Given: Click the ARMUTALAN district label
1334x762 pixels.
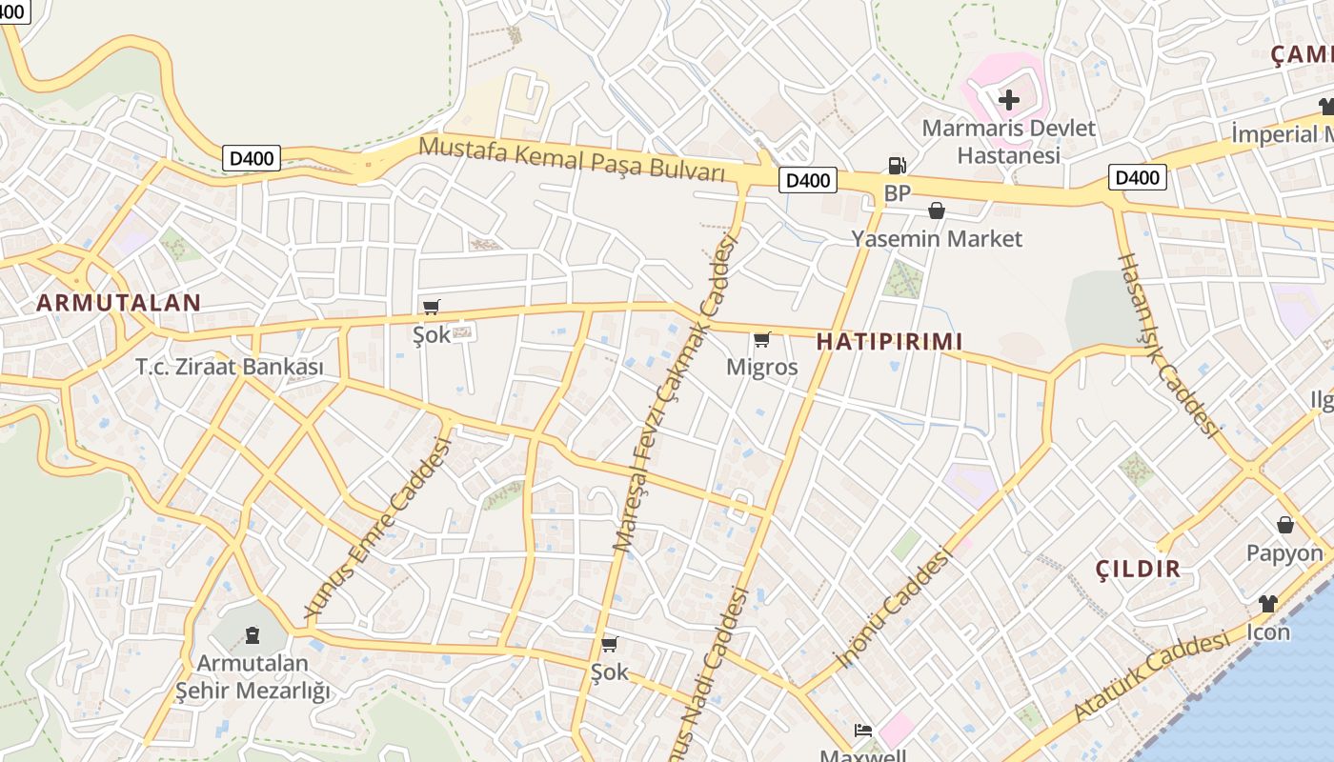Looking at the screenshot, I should [x=119, y=303].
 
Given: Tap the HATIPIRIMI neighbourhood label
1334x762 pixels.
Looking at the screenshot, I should [x=889, y=341].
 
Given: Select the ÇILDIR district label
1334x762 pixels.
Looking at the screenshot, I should [x=1138, y=570].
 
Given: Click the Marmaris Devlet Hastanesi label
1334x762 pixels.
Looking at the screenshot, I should [x=1009, y=141].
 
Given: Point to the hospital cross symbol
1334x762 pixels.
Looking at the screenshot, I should [x=1008, y=99].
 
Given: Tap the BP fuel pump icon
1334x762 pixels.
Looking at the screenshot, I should [x=897, y=166].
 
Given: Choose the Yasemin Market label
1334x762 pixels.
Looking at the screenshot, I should [x=937, y=238].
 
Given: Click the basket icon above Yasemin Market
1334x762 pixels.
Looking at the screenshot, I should [x=937, y=211].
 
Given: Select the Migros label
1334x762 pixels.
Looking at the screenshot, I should [x=762, y=367].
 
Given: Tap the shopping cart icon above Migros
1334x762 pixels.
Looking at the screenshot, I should [x=762, y=339].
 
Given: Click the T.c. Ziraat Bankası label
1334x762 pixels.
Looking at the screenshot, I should [x=230, y=367].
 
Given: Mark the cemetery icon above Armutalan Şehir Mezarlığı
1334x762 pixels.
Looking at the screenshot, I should [x=253, y=633].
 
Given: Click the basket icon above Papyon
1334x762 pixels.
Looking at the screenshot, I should [x=1285, y=525].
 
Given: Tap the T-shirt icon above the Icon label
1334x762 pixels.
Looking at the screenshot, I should [x=1268, y=603].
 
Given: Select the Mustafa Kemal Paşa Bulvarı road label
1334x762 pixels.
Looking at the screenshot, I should [x=572, y=158].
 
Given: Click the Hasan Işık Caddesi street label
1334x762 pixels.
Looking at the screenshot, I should [x=1168, y=346].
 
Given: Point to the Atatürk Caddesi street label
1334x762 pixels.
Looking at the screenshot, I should [x=1151, y=676].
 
